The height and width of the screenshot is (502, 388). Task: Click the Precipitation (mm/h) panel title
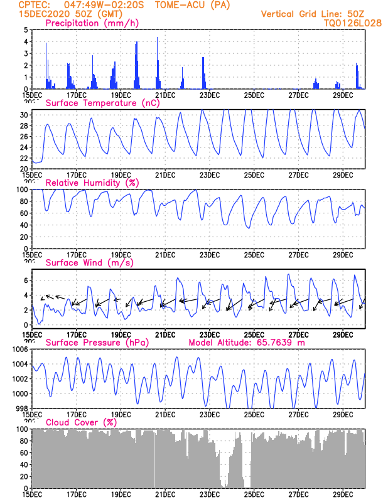[x=92, y=23]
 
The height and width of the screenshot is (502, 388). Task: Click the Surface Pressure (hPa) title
[x=94, y=343]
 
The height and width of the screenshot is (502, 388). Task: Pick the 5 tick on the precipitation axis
[x=25, y=30]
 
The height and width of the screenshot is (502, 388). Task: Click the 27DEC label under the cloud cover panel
[x=298, y=494]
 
